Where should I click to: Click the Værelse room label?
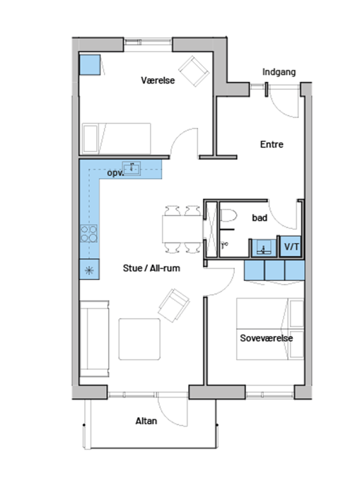[x=158, y=81]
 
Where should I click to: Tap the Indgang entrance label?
[x=279, y=72]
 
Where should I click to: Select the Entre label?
[x=272, y=144]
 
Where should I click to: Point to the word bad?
[x=260, y=218]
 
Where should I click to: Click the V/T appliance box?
[x=291, y=246]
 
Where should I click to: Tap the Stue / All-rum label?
[x=151, y=268]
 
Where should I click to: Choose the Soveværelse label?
[x=266, y=338]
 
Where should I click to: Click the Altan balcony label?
[x=146, y=421]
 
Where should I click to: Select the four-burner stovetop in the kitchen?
[x=88, y=233]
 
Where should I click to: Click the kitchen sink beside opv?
[x=132, y=168]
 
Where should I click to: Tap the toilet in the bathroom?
[x=228, y=216]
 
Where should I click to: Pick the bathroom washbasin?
[x=264, y=248]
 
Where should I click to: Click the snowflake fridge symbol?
[x=89, y=270]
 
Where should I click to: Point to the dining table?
[x=182, y=229]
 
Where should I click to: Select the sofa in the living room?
[x=95, y=339]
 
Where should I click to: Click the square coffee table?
[x=139, y=339]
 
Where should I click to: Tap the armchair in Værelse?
[x=194, y=71]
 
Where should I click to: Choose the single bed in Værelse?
[x=117, y=139]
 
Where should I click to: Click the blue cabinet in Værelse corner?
[x=90, y=65]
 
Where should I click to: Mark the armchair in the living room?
[x=174, y=305]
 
